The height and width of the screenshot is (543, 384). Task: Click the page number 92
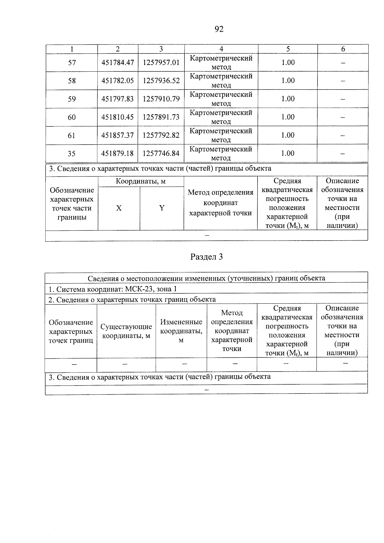[219, 29]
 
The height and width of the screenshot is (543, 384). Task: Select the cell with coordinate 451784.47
[117, 62]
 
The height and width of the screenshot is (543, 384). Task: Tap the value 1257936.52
[161, 81]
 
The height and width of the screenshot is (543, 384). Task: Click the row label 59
[72, 99]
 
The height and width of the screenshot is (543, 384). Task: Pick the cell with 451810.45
[117, 117]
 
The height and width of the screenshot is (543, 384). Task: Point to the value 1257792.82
[161, 135]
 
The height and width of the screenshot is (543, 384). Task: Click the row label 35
[72, 154]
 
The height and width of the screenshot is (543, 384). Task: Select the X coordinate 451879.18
[117, 154]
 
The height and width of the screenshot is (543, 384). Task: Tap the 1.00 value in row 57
[288, 62]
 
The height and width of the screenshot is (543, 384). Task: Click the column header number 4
[221, 49]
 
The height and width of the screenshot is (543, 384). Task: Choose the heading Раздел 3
[206, 257]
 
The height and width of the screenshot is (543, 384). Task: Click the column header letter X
[119, 208]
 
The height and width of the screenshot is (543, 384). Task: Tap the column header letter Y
[162, 208]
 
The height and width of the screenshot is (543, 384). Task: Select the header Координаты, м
[141, 181]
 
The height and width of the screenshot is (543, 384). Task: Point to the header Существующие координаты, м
[126, 331]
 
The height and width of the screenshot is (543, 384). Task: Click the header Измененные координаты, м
[181, 331]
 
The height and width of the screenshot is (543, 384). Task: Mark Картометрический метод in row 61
[221, 135]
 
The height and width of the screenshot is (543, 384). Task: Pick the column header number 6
[343, 49]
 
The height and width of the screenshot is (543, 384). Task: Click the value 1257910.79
[161, 99]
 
